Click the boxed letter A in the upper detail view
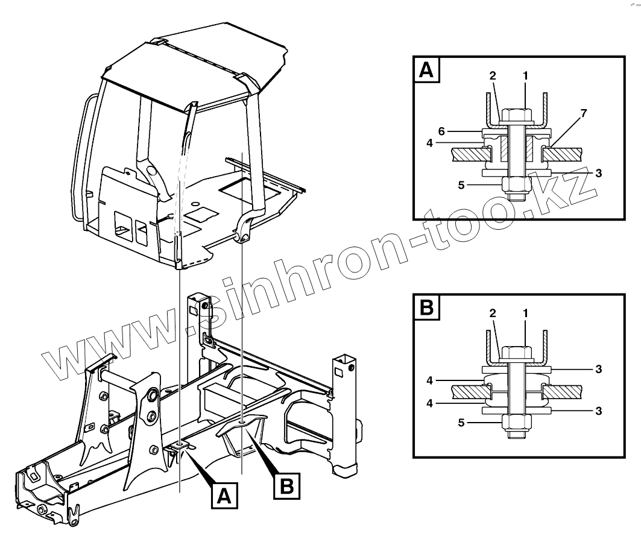[x=426, y=70]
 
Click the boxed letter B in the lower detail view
[x=426, y=307]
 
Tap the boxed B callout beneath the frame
[x=287, y=484]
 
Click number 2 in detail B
[x=492, y=313]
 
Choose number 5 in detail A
[x=461, y=185]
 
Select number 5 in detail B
[x=461, y=423]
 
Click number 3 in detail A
[x=598, y=172]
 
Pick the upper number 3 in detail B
[x=598, y=368]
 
